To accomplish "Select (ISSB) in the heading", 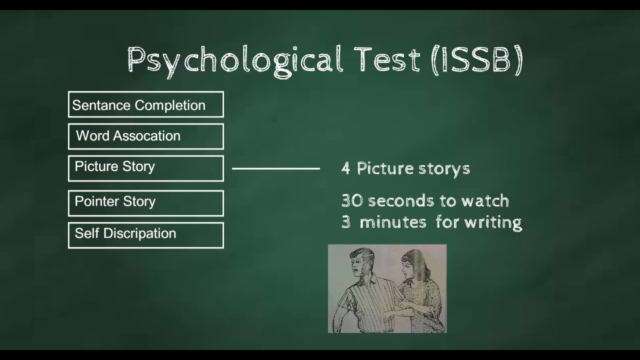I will (477, 60).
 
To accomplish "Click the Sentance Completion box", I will (145, 104).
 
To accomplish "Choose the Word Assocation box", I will (145, 136).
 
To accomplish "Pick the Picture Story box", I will (145, 168).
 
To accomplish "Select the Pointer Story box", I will (145, 203).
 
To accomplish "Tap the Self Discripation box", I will (145, 235).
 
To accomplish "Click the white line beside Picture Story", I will (275, 168).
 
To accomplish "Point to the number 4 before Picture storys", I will (345, 168).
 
